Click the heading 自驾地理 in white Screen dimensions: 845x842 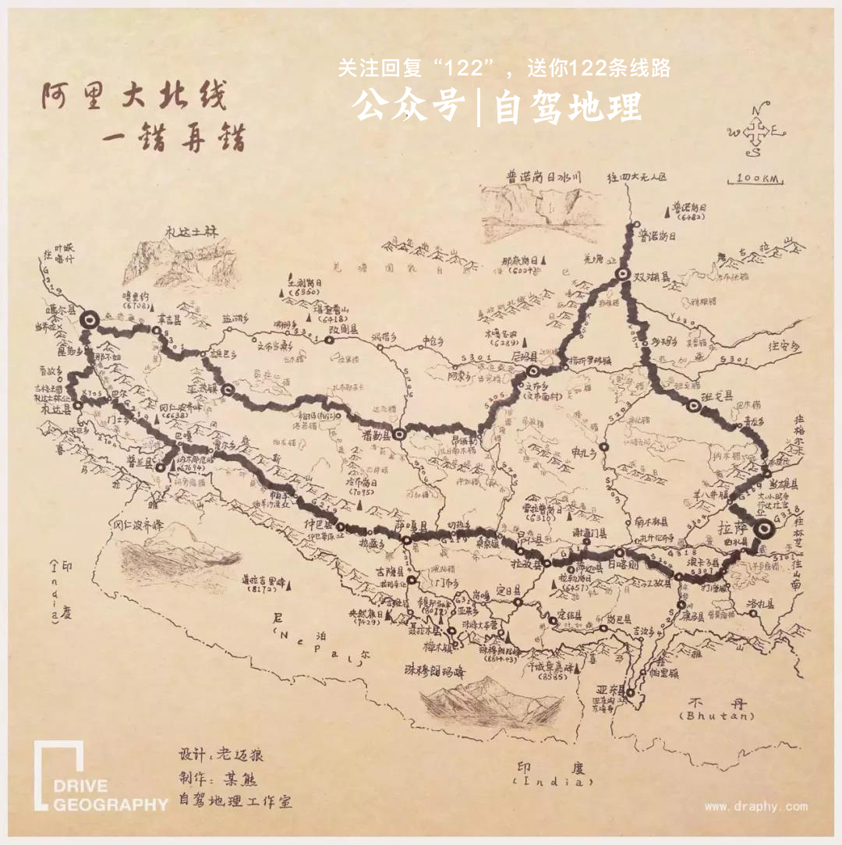[568, 108]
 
